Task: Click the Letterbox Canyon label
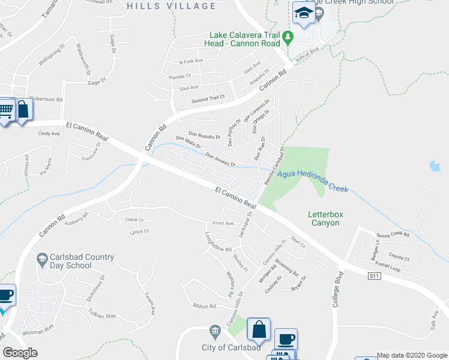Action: [324, 218]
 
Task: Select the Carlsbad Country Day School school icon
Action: [42, 260]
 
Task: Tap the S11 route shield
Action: [375, 275]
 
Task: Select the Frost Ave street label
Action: [223, 223]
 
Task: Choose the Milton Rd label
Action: [204, 306]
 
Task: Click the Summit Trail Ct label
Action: [208, 97]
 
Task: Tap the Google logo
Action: [20, 352]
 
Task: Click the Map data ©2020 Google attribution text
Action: [412, 355]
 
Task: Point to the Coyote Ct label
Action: [399, 259]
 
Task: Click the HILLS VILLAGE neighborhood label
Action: [172, 6]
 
